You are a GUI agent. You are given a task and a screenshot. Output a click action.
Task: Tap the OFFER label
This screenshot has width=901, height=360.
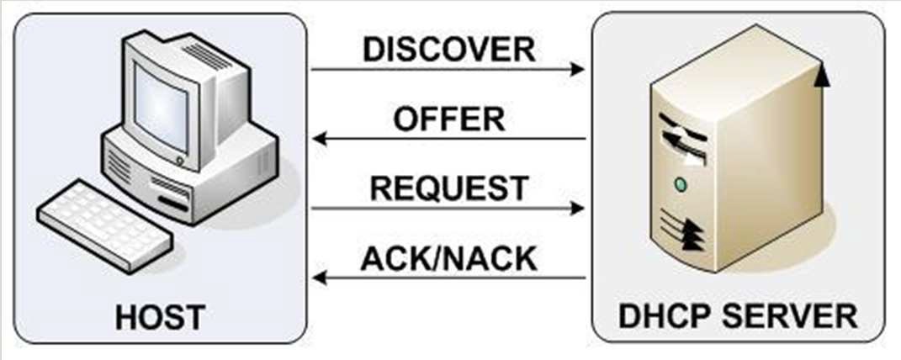(x=449, y=119)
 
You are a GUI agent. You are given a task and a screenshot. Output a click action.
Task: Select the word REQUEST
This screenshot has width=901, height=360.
(x=449, y=188)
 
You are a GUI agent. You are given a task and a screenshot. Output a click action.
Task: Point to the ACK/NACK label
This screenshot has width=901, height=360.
(x=448, y=257)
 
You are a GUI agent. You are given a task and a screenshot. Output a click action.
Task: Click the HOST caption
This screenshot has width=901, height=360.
(x=160, y=317)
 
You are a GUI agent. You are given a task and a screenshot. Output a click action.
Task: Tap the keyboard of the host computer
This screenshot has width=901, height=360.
(x=102, y=223)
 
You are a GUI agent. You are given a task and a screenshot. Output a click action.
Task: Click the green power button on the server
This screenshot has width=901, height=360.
(x=681, y=184)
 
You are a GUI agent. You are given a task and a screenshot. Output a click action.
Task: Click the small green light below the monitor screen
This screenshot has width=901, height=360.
(x=178, y=158)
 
